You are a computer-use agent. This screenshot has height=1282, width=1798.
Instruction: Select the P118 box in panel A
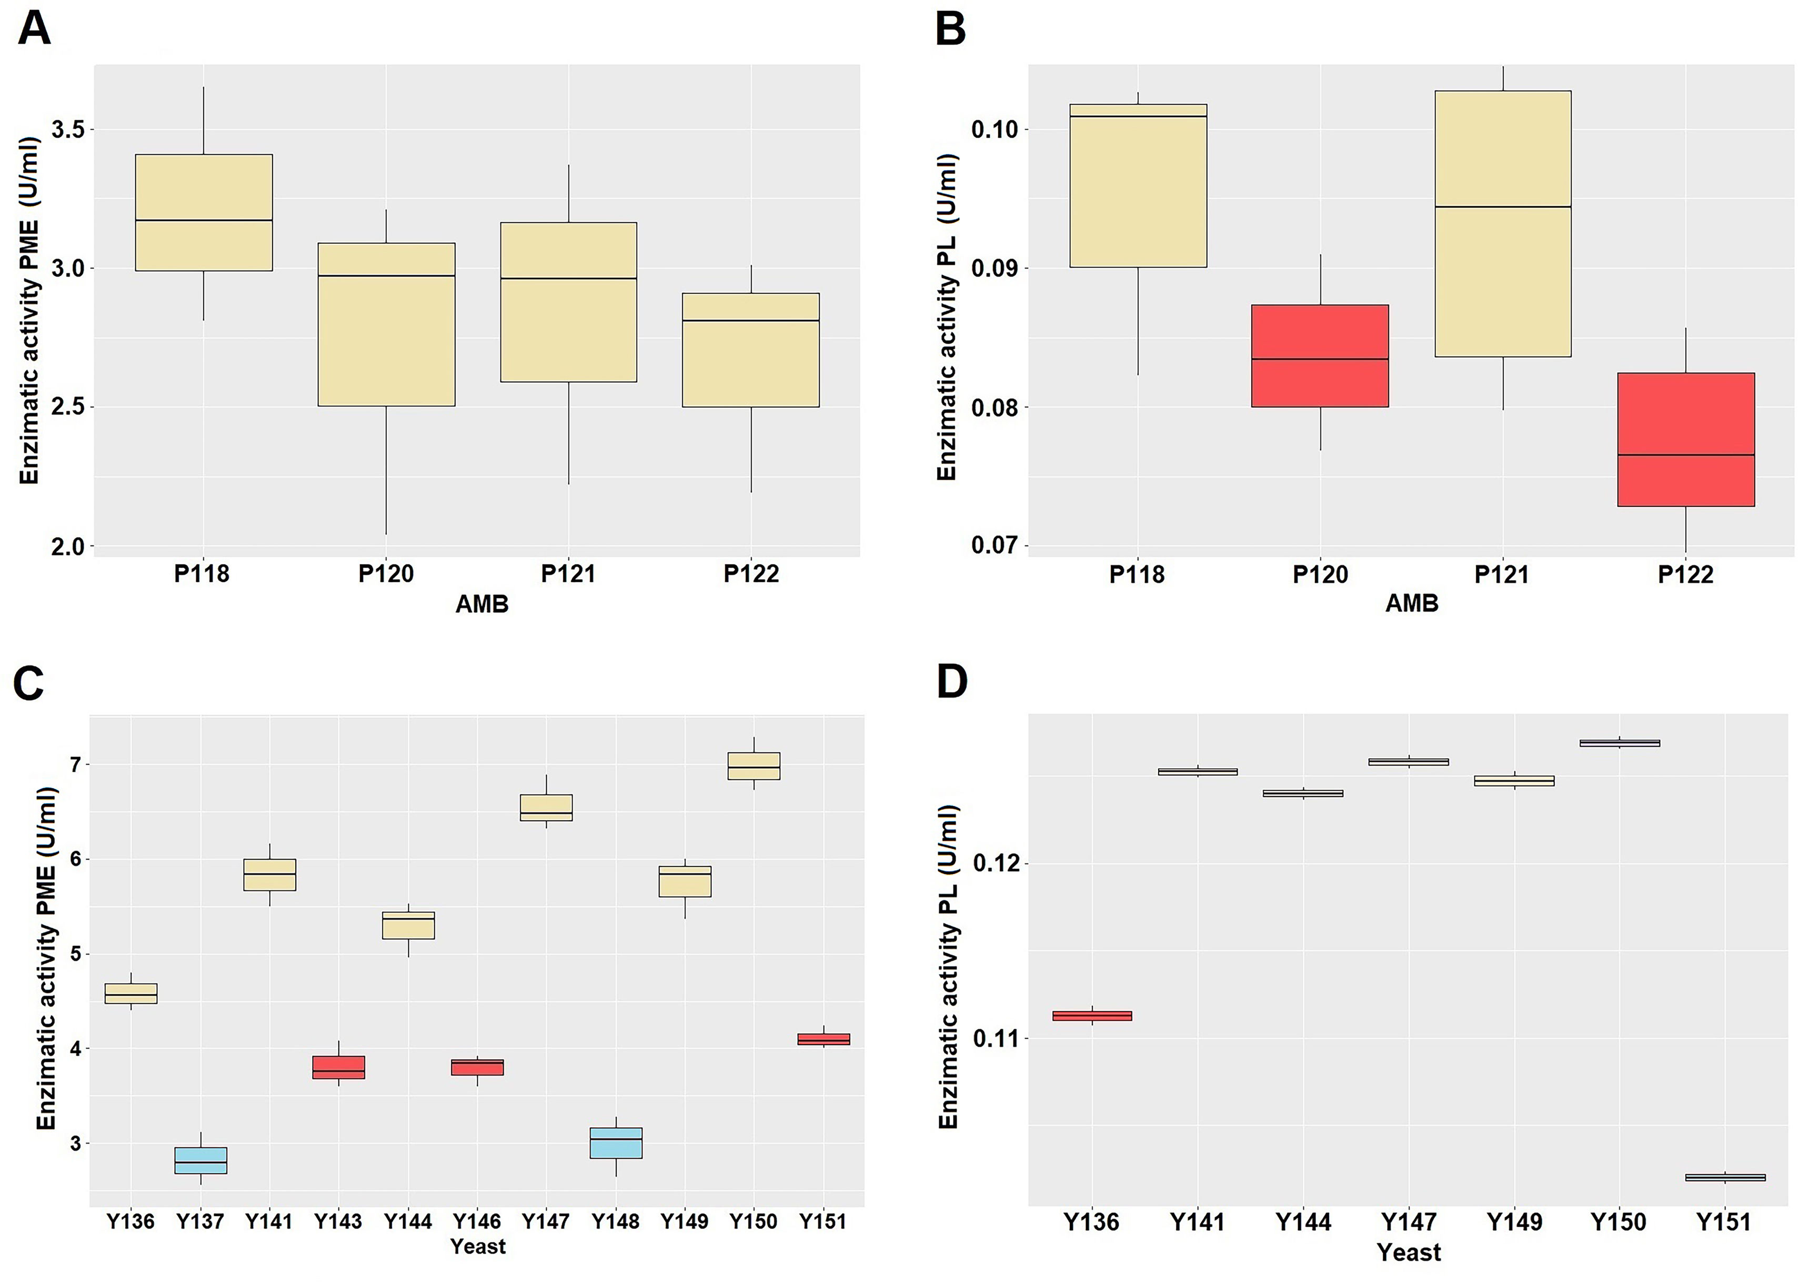204,212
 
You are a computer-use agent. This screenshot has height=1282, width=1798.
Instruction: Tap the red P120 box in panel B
1320,355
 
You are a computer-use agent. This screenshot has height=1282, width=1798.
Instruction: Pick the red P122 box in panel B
1685,439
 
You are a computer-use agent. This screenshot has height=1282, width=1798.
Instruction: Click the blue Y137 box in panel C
200,1160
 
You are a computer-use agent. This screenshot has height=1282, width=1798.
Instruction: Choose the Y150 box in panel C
754,766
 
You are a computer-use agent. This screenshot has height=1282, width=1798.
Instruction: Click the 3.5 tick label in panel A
68,130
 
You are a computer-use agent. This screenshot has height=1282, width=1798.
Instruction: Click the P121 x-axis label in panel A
568,574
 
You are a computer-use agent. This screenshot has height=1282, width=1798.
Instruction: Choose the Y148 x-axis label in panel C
615,1221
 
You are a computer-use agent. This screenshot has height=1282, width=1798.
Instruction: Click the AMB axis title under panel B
1411,604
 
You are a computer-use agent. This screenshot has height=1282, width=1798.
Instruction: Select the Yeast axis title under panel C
477,1247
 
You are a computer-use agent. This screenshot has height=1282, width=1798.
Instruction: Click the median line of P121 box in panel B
1503,207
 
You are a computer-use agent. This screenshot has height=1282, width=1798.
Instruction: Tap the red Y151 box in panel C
823,1039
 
